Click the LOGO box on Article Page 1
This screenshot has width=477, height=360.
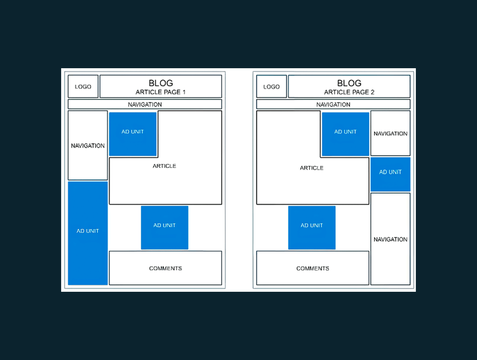coord(83,86)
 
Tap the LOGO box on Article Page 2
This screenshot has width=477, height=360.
coord(271,86)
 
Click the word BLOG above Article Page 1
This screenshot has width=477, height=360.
coord(161,83)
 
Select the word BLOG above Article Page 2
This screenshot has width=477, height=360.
coord(349,83)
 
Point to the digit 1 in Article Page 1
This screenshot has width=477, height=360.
coord(184,92)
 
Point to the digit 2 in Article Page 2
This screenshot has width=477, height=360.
coord(373,92)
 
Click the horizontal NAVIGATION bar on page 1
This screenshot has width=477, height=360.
coord(145,104)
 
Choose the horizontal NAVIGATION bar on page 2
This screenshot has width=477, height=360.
coord(334,104)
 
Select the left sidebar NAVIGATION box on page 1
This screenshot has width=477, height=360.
coord(88,145)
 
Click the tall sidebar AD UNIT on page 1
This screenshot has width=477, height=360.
coord(88,233)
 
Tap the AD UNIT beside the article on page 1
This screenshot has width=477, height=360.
coord(133,134)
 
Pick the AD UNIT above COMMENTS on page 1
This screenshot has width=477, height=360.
coord(164,227)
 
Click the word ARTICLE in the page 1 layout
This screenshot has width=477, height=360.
coord(164,166)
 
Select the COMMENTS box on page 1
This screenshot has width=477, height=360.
coord(165,268)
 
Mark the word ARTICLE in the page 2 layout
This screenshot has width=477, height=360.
coord(312,168)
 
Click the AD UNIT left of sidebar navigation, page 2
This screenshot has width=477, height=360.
coord(345,134)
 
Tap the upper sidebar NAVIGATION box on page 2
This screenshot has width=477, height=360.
coord(391,133)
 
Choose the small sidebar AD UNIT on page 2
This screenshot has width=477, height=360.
coord(391,174)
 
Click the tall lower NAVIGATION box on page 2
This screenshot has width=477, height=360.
coord(391,239)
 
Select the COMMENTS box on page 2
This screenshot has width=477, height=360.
coord(313,268)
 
